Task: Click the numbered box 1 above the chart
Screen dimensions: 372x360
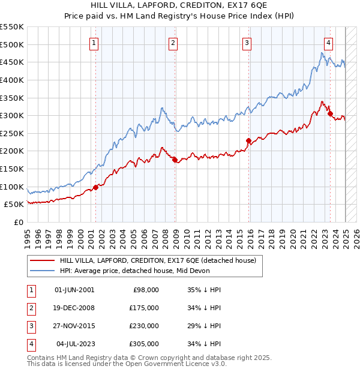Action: tap(95, 43)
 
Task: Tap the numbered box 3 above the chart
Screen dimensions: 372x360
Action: tap(247, 43)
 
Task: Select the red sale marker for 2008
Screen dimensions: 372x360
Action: tap(175, 160)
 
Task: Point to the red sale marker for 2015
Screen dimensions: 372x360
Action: tap(248, 140)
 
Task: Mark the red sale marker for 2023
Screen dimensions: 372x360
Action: tap(330, 113)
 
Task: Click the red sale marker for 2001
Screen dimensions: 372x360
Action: tap(95, 187)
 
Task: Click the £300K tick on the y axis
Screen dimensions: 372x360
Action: tap(12, 115)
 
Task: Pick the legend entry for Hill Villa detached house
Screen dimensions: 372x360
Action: tap(157, 260)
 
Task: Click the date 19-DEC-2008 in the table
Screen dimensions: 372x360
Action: tap(74, 307)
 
